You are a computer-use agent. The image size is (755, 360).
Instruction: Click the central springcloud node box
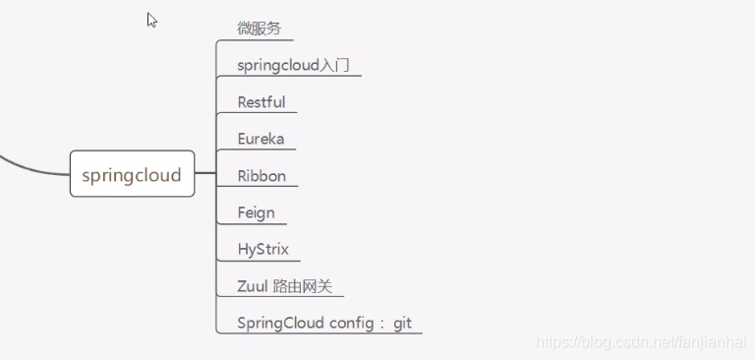132,175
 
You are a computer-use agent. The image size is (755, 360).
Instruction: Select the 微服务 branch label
260,28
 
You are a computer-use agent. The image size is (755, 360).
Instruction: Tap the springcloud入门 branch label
293,66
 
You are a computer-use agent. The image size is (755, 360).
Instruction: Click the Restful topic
261,102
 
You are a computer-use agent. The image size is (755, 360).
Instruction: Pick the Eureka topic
261,139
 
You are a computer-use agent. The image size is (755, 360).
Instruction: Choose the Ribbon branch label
261,176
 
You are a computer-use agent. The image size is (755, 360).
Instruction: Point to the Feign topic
256,212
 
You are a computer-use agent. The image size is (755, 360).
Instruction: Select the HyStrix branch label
263,249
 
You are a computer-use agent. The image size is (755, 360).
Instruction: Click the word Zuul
253,286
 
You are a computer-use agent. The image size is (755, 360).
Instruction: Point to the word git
403,323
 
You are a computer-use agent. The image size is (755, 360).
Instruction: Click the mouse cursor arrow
151,20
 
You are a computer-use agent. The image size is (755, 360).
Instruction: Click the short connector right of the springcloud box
204,174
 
